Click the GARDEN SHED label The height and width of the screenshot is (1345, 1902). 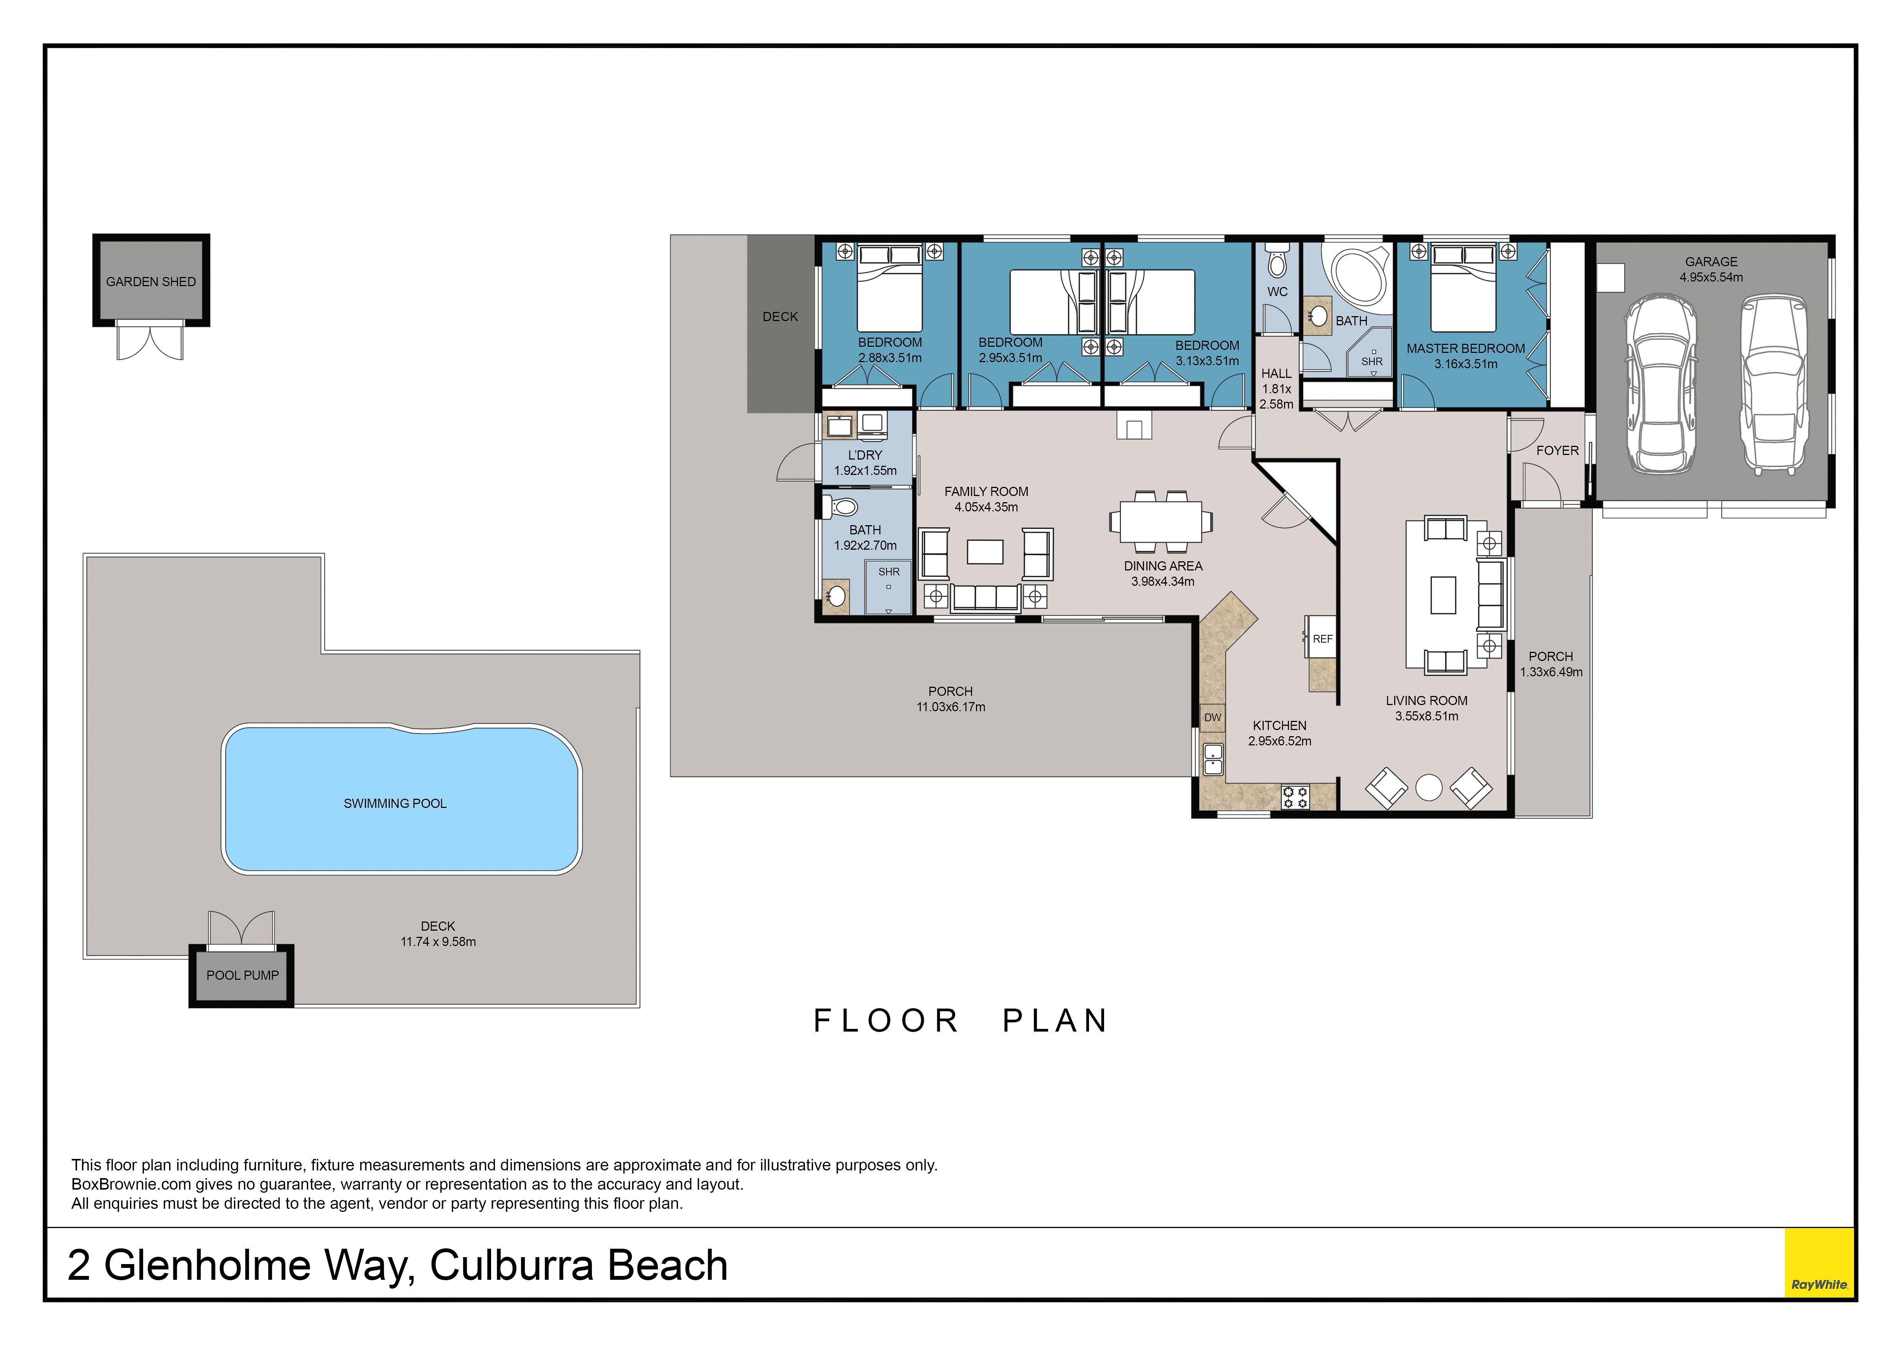151,282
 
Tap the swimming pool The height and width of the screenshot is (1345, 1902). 402,799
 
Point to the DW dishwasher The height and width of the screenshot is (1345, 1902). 1213,717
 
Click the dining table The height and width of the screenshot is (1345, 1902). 1160,522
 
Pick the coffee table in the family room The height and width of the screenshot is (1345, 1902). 985,552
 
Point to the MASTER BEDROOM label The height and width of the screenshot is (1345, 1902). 1465,349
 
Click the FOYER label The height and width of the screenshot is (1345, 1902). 1558,450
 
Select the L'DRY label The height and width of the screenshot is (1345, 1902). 865,455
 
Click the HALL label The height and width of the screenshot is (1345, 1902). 1277,374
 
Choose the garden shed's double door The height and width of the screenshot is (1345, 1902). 150,343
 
